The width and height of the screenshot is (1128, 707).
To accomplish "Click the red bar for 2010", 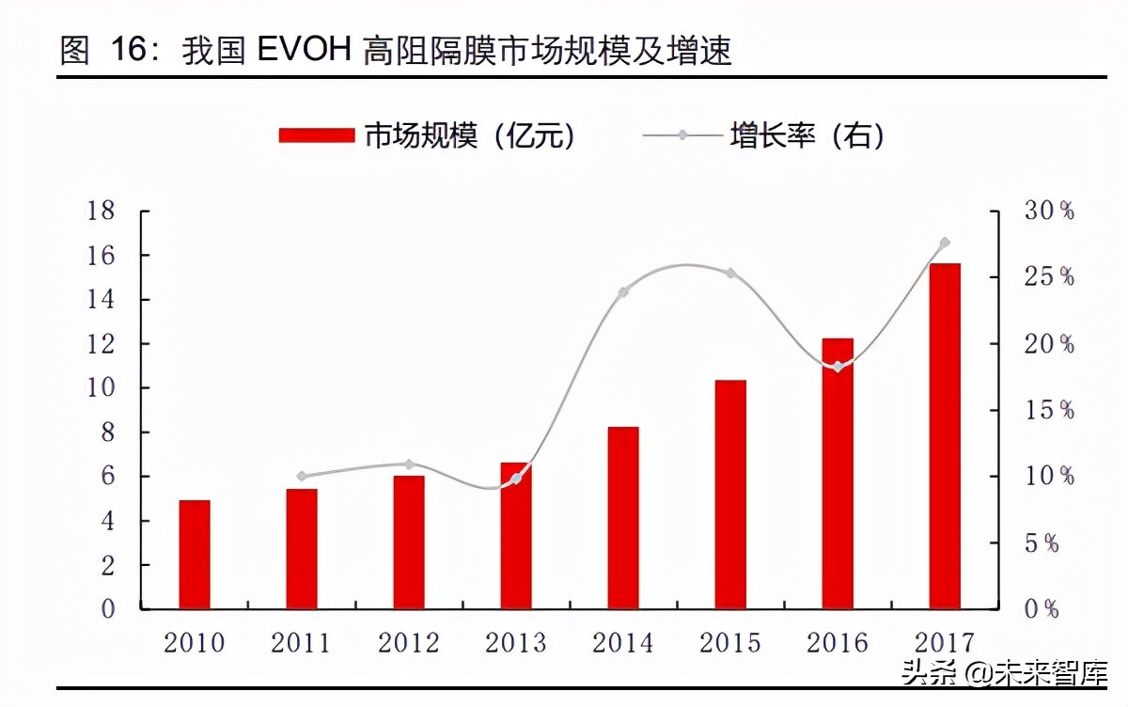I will pyautogui.click(x=195, y=555).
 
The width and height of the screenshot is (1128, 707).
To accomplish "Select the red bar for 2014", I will pyautogui.click(x=623, y=518).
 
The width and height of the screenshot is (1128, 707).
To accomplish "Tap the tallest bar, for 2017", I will pyautogui.click(x=945, y=436).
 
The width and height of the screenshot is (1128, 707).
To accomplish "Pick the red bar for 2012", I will pyautogui.click(x=409, y=542).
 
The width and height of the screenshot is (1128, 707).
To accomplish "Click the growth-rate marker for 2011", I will pyautogui.click(x=302, y=476).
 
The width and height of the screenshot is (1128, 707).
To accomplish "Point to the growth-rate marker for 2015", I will pyautogui.click(x=730, y=274).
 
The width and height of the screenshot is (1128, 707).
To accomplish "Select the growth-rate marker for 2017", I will pyautogui.click(x=945, y=243).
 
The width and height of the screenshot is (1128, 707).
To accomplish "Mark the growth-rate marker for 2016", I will pyautogui.click(x=838, y=367).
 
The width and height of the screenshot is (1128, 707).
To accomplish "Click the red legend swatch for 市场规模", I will pyautogui.click(x=317, y=135).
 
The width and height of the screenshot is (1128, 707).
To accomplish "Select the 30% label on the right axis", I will pyautogui.click(x=1049, y=211).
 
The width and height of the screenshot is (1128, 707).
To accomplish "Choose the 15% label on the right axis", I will pyautogui.click(x=1049, y=410).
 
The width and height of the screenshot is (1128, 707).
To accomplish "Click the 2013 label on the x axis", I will pyautogui.click(x=516, y=643).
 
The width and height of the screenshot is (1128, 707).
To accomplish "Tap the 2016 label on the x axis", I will pyautogui.click(x=838, y=643).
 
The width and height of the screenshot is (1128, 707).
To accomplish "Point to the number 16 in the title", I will pyautogui.click(x=128, y=51).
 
